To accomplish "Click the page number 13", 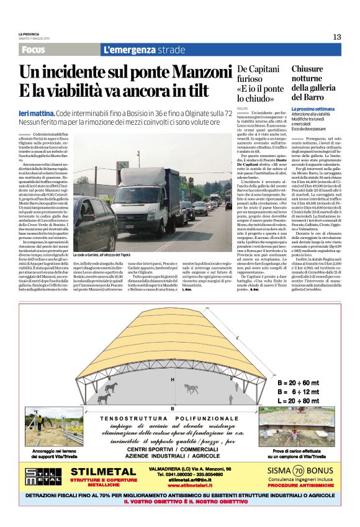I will (x=337, y=37).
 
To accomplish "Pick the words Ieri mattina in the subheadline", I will (x=36, y=115).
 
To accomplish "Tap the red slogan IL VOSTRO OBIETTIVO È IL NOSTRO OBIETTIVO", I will (x=180, y=500).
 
